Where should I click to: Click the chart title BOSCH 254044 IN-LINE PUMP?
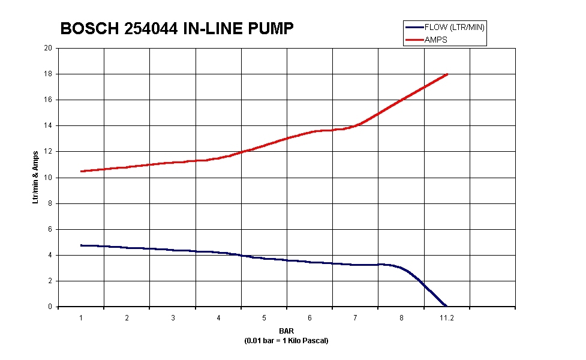177,28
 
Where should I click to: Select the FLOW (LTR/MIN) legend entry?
454,27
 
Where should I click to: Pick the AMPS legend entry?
435,40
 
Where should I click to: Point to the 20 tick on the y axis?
49,48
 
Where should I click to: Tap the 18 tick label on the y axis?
49,74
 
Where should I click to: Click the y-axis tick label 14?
49,126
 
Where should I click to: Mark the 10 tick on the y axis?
49,178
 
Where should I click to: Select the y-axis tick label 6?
50,229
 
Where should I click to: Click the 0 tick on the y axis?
50,307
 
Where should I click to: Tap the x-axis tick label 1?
81,318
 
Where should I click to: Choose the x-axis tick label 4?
218,318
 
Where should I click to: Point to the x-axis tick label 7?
355,318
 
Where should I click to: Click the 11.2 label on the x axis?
447,318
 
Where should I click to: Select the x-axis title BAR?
287,331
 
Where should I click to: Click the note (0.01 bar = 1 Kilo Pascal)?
287,341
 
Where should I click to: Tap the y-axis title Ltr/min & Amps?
35,177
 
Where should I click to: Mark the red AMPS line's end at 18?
447,74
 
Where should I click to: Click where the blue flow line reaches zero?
446,306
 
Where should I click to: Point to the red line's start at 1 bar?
81,171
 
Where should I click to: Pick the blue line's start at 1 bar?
81,245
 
